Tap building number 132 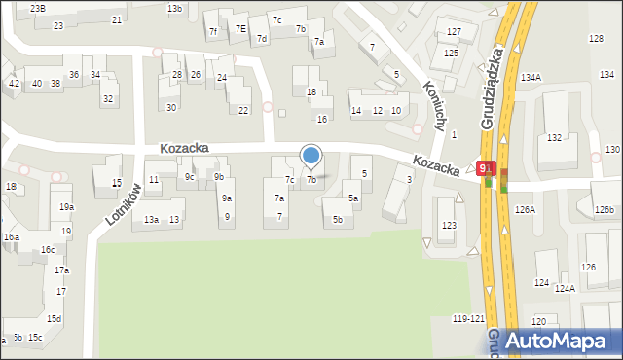(x=554, y=138)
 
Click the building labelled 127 (x=454, y=32)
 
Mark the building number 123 (x=449, y=225)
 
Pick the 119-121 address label (x=468, y=319)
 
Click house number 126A (x=526, y=209)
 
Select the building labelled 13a (x=151, y=220)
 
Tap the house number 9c (x=191, y=177)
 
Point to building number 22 (x=243, y=110)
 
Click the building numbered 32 (x=108, y=98)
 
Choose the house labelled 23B (x=38, y=8)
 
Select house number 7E (x=240, y=29)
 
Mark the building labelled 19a (x=66, y=207)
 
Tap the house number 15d (x=55, y=318)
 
